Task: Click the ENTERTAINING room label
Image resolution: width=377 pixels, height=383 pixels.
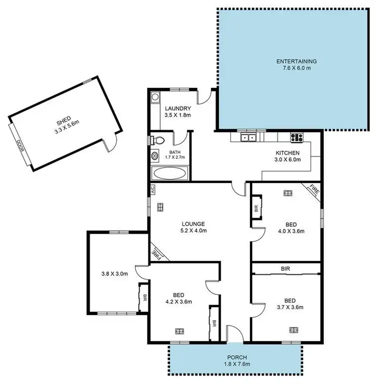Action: (x=296, y=62)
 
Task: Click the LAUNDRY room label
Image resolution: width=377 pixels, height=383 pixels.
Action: (x=177, y=109)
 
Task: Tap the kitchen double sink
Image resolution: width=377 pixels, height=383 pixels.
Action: (x=248, y=137)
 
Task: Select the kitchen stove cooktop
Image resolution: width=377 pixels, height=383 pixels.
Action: (x=296, y=137)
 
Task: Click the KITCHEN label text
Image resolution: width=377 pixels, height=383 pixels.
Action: (x=287, y=153)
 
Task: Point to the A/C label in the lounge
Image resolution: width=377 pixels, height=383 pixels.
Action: (x=151, y=189)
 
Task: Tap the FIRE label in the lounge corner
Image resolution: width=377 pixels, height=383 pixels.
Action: (x=157, y=253)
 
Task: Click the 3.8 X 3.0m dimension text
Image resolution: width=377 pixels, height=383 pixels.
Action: (x=115, y=274)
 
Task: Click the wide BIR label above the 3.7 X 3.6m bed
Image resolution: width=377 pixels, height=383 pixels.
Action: (x=285, y=269)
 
